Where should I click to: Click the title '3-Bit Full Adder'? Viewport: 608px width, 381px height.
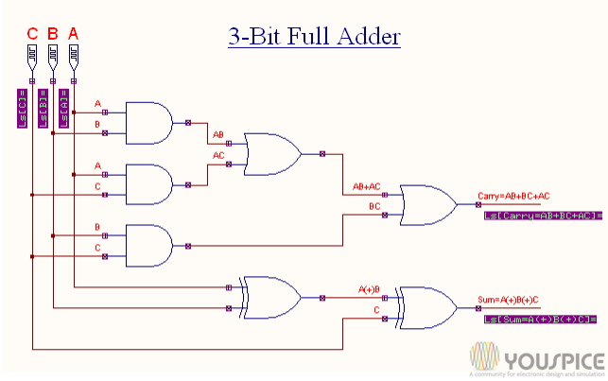[314, 37]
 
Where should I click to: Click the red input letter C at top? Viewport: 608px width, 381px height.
[32, 34]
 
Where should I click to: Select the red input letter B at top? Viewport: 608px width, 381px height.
[53, 34]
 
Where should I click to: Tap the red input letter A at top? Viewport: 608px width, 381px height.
[74, 34]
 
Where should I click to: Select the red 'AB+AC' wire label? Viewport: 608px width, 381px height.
[366, 186]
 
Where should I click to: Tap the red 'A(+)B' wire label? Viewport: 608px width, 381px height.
[369, 288]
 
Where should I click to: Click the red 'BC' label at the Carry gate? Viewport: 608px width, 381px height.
[374, 205]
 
